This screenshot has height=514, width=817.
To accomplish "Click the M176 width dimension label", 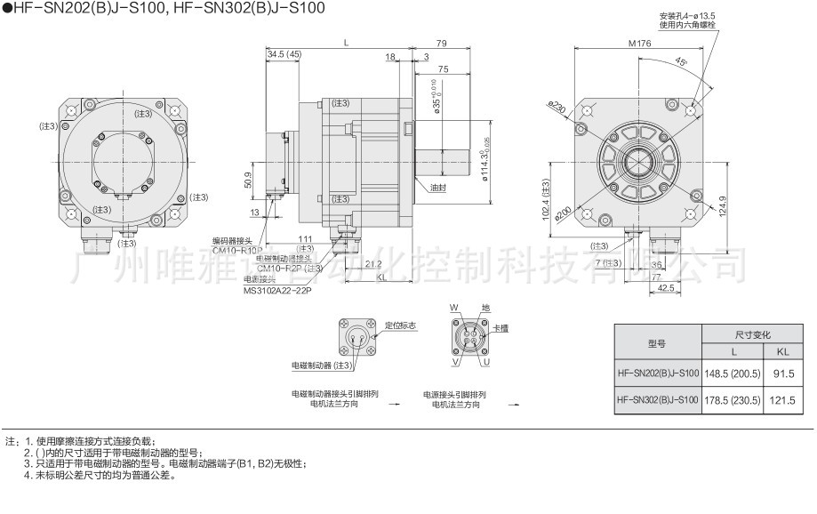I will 638,44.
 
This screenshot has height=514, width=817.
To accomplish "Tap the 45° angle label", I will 680,62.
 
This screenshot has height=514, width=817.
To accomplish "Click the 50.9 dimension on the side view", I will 249,181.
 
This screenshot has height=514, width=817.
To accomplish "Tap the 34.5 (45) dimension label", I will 284,55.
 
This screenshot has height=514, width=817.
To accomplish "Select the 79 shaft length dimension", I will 441,44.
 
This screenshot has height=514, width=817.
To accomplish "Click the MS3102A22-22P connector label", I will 276,290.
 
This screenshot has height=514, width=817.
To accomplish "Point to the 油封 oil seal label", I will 437,189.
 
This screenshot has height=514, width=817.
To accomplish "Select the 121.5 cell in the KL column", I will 782,400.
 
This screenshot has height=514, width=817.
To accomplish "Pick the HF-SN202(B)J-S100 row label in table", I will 658,374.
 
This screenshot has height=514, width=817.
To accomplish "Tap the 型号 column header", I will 657,343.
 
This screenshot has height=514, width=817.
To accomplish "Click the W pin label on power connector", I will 454,308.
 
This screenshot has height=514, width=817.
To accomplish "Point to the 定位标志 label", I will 401,326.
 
